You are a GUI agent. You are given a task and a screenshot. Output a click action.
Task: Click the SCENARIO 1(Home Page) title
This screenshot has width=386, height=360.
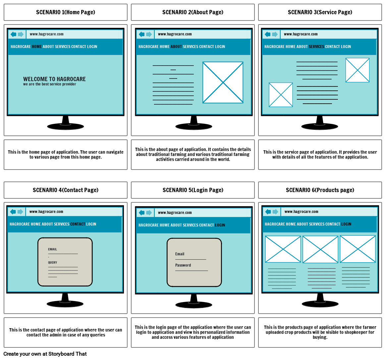(x=66, y=12)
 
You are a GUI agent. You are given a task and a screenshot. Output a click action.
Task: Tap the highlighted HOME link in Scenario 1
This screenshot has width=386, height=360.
(x=37, y=47)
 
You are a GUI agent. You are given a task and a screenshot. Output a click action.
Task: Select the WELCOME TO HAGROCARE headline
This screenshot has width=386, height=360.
(x=54, y=79)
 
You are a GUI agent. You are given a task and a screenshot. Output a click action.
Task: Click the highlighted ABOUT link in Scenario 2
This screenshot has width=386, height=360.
(x=176, y=47)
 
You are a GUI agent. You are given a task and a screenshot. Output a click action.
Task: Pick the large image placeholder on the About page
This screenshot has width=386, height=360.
(x=223, y=82)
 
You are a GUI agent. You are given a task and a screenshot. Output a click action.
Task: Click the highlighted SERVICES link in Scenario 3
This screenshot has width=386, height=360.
(x=316, y=47)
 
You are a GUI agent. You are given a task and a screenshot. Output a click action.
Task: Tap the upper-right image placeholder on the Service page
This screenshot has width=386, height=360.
(x=357, y=70)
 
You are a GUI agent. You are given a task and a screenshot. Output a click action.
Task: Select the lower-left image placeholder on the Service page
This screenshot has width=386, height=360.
(x=281, y=95)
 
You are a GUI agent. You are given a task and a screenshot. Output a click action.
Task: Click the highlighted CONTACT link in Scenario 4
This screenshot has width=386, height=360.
(x=78, y=224)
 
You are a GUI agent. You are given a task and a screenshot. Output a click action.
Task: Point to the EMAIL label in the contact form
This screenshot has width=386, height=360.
(x=52, y=249)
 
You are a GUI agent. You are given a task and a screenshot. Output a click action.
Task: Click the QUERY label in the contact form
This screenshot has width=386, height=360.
(x=52, y=263)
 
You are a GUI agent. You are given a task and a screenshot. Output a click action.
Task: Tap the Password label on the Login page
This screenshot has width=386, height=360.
(x=183, y=265)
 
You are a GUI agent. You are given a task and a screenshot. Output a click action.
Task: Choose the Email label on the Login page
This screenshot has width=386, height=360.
(x=180, y=254)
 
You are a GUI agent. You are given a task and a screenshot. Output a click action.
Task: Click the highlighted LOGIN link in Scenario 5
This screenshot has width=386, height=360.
(x=220, y=225)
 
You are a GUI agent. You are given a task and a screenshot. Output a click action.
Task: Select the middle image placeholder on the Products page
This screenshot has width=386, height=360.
(x=320, y=249)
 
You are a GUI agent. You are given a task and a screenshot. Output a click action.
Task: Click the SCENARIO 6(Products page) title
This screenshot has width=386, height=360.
(x=320, y=190)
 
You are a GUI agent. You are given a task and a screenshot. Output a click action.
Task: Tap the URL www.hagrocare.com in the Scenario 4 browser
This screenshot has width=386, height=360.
(x=46, y=212)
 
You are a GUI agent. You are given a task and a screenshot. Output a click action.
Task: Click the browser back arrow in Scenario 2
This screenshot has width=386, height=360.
(x=142, y=34)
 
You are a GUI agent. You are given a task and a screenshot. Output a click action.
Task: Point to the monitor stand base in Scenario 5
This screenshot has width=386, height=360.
(x=193, y=305)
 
